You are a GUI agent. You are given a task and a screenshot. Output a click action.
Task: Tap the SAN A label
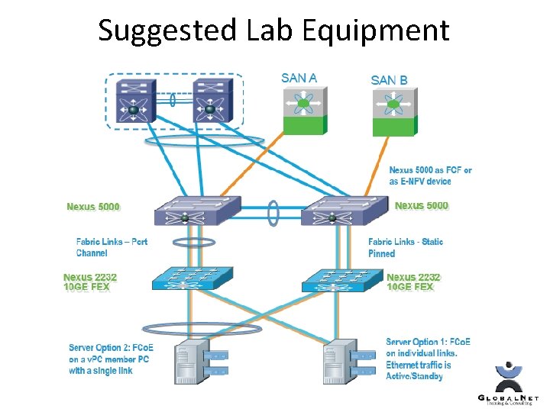click(299, 77)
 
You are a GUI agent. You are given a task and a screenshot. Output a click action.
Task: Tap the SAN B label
click(389, 79)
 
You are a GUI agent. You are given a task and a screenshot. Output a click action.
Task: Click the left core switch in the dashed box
click(134, 102)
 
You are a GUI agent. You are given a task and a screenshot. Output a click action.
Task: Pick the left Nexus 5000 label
click(93, 206)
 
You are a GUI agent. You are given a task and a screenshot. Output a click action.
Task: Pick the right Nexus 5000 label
click(421, 205)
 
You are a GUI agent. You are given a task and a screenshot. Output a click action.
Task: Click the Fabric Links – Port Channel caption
click(112, 247)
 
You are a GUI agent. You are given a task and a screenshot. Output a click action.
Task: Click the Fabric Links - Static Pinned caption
click(405, 247)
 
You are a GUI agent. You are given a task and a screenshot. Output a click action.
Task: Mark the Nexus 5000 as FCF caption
click(430, 175)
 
